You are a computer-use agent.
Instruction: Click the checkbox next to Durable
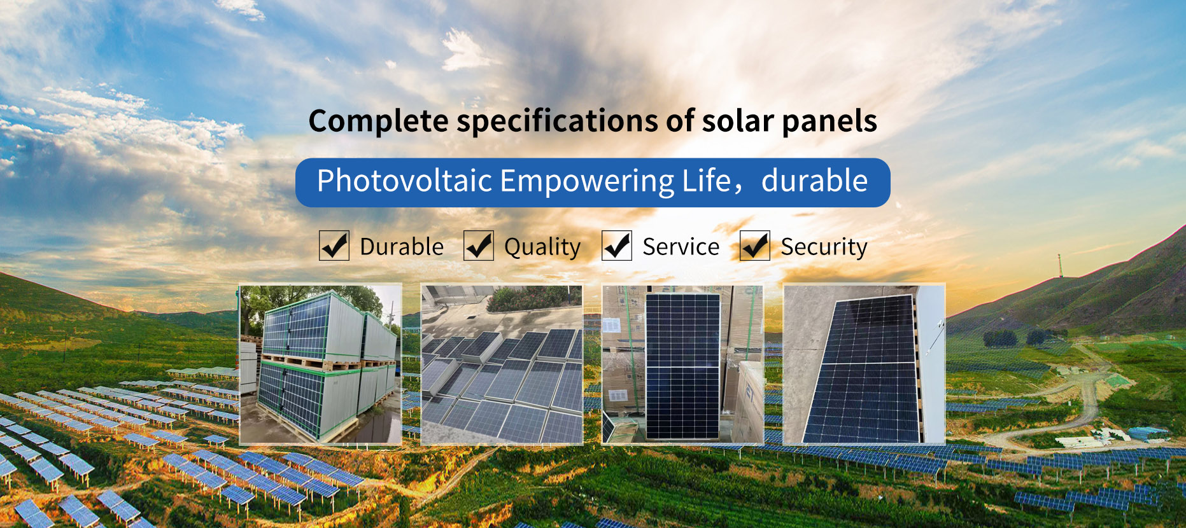(x=334, y=246)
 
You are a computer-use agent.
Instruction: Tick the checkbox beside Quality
(x=479, y=246)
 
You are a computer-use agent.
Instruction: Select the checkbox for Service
(x=617, y=246)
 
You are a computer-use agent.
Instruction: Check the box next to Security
(x=755, y=246)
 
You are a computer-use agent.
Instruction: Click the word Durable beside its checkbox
(x=402, y=247)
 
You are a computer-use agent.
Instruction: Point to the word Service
(x=681, y=247)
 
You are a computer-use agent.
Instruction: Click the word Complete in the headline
(x=379, y=122)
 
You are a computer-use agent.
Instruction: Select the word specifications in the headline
(x=558, y=122)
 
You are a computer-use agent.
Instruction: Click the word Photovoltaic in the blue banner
(x=405, y=181)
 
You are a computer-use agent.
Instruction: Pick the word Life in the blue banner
(x=707, y=181)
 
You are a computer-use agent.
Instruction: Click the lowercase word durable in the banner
(x=815, y=181)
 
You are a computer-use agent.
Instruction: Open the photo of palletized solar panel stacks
(x=321, y=364)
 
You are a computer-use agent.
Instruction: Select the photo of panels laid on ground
(x=502, y=364)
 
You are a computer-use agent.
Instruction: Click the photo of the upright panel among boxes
(x=682, y=364)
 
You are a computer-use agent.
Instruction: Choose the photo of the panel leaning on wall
(x=864, y=364)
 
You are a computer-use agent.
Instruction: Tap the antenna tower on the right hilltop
(x=1060, y=266)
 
